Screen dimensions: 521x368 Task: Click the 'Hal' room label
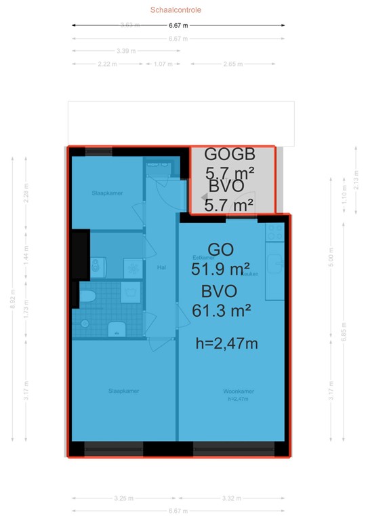pos(161,267)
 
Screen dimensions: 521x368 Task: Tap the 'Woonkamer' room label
pos(238,391)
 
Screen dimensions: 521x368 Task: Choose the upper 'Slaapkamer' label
pos(107,193)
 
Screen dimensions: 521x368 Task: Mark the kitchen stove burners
pos(274,231)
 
